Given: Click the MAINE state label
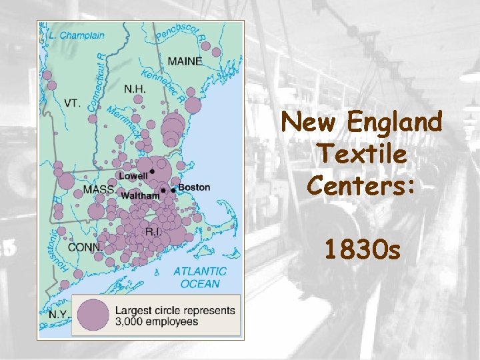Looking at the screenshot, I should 185,61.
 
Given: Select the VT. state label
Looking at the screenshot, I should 73,103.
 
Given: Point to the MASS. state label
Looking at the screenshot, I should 99,190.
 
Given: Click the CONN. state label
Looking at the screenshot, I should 85,247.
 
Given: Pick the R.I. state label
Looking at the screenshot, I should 153,231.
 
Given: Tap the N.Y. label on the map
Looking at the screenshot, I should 58,313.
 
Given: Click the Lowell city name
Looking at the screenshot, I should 133,176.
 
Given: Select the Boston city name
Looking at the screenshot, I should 194,188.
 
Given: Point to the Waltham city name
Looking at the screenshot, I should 140,196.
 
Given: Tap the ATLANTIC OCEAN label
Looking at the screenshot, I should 199,277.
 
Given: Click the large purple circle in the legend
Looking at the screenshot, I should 93,315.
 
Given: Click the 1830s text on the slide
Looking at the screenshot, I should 362,250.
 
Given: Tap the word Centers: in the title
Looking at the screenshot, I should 362,185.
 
